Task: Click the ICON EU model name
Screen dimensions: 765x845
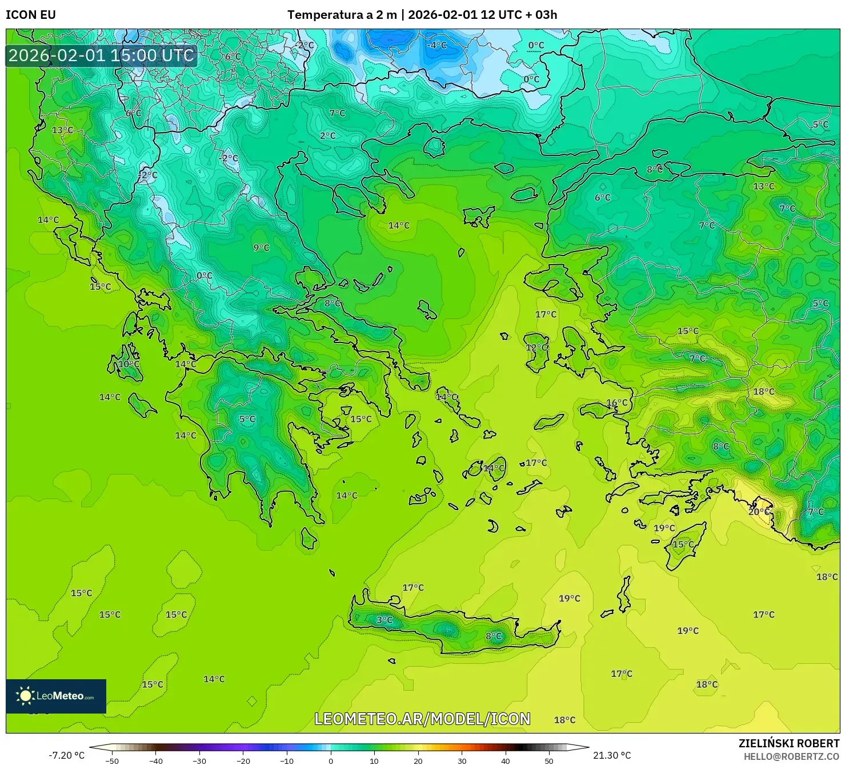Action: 31,15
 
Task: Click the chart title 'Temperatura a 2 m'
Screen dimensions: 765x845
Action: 342,15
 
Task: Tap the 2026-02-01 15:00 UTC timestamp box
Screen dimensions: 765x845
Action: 101,55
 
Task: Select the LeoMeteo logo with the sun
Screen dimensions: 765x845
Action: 55,696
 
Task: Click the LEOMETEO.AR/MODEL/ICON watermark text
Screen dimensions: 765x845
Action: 422,719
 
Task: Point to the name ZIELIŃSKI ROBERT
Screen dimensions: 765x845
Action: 788,743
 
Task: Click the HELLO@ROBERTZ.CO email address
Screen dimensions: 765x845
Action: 791,756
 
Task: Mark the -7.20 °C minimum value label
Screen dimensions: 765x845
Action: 66,755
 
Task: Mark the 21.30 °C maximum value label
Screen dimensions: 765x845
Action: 612,755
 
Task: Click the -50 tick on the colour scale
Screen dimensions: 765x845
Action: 112,761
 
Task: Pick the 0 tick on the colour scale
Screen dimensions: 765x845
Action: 331,761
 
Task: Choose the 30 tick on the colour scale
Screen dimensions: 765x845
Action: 462,761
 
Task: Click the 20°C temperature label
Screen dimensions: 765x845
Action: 759,512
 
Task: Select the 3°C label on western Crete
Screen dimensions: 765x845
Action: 384,620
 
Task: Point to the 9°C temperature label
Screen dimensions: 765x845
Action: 261,248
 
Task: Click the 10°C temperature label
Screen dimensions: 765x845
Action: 129,364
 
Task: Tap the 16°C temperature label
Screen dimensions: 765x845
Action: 616,403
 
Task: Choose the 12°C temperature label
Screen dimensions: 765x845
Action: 536,348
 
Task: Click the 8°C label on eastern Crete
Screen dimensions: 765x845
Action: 494,636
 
